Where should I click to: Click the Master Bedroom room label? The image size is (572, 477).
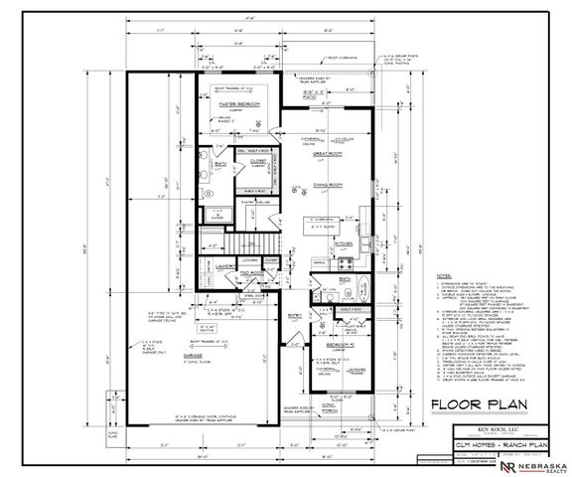pos(237,103)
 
